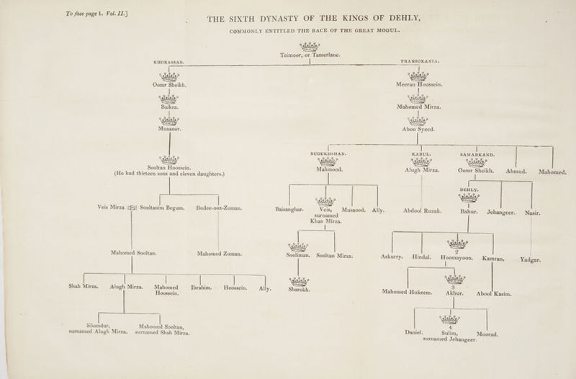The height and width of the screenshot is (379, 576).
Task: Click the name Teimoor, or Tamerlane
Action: (310, 55)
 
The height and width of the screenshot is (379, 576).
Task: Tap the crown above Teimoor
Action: (310, 47)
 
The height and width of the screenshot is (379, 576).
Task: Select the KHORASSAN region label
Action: (168, 63)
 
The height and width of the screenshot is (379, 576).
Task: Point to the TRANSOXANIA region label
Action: (420, 61)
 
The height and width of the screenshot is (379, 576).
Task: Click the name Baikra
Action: (169, 107)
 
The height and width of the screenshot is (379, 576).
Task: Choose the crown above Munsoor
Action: (169, 120)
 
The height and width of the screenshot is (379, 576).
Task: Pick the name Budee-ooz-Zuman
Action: (219, 208)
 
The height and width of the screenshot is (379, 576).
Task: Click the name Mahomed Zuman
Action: (220, 254)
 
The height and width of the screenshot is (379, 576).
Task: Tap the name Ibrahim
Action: (202, 287)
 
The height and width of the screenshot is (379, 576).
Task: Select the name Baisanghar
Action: (289, 210)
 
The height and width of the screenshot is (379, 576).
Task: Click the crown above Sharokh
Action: (299, 282)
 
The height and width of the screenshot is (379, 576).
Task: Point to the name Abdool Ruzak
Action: (422, 211)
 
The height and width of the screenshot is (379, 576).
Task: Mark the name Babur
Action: (469, 212)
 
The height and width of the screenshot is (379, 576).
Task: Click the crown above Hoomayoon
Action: (457, 244)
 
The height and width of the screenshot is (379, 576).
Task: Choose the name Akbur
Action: (454, 293)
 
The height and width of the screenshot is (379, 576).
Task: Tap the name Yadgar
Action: (530, 260)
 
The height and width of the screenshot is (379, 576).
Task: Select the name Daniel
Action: (414, 332)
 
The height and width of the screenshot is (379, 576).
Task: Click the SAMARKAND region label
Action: (477, 155)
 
